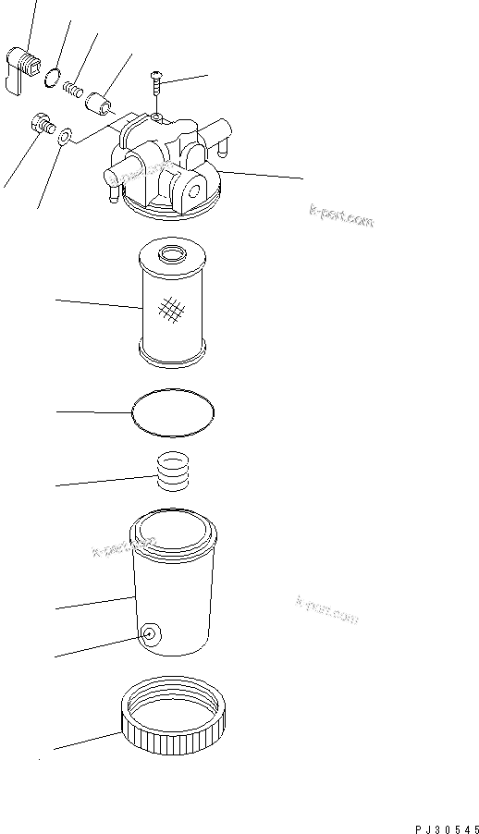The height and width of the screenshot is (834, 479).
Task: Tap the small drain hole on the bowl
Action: click(148, 634)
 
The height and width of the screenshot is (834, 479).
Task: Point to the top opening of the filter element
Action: click(173, 252)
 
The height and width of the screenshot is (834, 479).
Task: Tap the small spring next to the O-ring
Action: click(73, 90)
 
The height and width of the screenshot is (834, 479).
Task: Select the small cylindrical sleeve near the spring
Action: click(99, 99)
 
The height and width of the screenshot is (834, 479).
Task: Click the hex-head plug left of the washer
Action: click(41, 122)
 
